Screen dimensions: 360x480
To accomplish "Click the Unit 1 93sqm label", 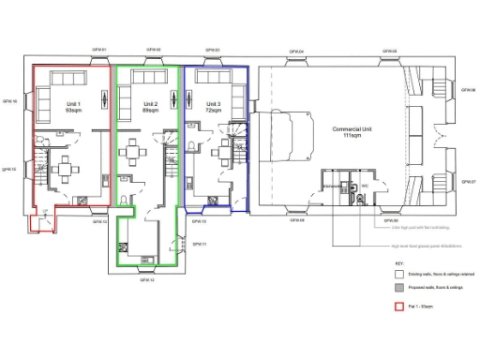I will (x=73, y=107).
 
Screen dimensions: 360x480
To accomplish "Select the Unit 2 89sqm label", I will (x=150, y=107).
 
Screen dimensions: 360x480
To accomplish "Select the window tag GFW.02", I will (x=153, y=50).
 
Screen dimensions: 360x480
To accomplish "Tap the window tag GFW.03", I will (x=212, y=50).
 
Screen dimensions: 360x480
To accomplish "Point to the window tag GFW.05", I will (x=390, y=51).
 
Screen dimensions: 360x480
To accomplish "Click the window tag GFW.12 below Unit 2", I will (x=147, y=279).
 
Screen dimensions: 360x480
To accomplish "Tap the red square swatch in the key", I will (x=398, y=307).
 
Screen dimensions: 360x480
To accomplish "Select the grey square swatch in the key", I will (x=398, y=288).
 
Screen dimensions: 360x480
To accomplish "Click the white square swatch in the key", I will (x=398, y=274).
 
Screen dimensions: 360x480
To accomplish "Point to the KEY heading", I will (x=398, y=263).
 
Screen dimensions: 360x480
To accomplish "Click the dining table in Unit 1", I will (x=67, y=170).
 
